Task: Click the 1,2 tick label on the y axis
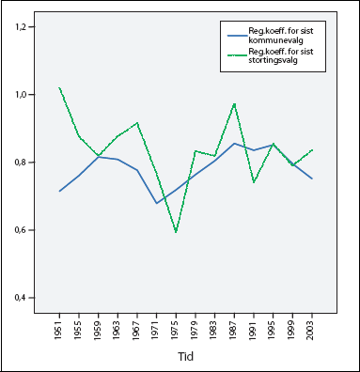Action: (24, 27)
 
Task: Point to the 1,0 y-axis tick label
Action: (24, 95)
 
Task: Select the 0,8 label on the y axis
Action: (24, 163)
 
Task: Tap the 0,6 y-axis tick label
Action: (24, 230)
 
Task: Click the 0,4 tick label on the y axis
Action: (24, 298)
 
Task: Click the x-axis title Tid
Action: (186, 356)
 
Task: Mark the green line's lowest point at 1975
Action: (176, 232)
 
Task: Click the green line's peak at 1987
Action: (234, 103)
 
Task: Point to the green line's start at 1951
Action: (59, 88)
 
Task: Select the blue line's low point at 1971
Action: (156, 203)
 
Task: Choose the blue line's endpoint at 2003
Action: (311, 178)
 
